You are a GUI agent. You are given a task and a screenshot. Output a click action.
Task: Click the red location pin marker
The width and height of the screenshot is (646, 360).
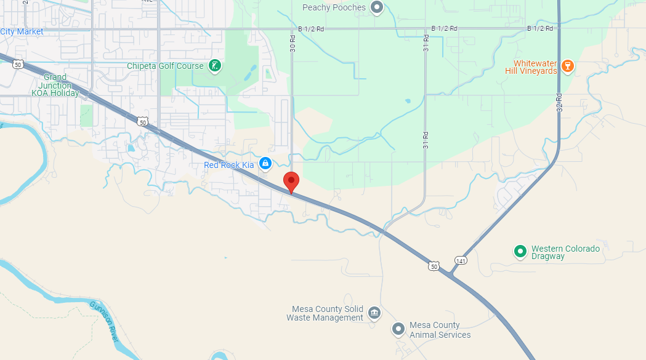pyautogui.click(x=291, y=182)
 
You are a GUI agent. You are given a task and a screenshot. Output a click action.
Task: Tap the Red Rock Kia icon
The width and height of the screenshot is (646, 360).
pyautogui.click(x=265, y=164)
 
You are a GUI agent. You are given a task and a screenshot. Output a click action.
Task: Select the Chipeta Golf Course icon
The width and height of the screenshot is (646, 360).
pyautogui.click(x=214, y=66)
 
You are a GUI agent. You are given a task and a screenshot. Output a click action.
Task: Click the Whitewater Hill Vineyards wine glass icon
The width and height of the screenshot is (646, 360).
pyautogui.click(x=568, y=65)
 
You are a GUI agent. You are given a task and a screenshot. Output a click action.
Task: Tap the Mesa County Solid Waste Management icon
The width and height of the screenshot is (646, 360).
pyautogui.click(x=374, y=313)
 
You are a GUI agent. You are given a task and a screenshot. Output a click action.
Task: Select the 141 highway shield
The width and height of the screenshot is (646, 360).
pyautogui.click(x=460, y=260)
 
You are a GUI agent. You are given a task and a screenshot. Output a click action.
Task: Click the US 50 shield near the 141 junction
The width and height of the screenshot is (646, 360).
pyautogui.click(x=435, y=266)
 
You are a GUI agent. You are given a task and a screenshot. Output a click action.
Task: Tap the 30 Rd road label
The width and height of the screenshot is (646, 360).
pyautogui.click(x=293, y=42)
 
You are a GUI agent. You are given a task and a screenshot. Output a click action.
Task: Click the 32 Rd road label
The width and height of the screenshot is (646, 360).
pyautogui.click(x=559, y=102)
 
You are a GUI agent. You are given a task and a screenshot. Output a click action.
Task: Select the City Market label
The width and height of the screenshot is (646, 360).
pyautogui.click(x=22, y=31)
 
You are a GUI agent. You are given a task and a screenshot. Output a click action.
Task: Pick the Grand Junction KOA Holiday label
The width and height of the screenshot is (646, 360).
pyautogui.click(x=56, y=86)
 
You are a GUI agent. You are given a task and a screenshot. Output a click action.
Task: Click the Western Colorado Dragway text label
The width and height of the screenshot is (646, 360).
pyautogui.click(x=565, y=252)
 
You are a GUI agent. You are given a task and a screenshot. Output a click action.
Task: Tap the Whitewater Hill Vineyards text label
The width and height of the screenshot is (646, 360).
pyautogui.click(x=536, y=67)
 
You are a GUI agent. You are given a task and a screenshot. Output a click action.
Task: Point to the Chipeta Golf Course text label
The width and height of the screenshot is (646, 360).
pyautogui.click(x=165, y=66)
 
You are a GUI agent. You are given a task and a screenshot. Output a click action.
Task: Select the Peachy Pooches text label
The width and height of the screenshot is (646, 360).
pyautogui.click(x=334, y=7)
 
